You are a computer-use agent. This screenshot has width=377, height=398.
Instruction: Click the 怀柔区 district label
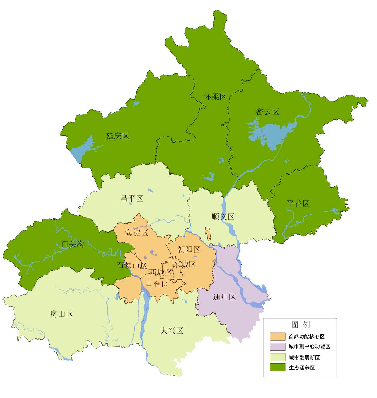coord(215,97)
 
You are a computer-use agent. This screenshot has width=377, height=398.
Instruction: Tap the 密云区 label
coord(267,112)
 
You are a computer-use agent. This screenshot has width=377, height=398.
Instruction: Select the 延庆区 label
coord(117,136)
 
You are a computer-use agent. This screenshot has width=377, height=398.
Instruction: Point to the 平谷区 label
coord(298,203)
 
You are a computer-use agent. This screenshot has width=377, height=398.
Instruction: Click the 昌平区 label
coord(131,199)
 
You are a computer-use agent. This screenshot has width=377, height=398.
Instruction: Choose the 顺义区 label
coord(223,217)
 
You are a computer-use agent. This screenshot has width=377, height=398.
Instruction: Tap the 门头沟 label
coord(72,244)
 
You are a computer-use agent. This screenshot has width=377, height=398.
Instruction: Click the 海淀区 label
coord(136,233)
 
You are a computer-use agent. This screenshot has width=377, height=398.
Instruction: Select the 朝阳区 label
coord(189,249)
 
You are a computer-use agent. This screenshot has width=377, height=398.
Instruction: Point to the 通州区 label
coord(224,297)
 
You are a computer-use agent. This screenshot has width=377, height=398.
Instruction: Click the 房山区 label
coord(62,314)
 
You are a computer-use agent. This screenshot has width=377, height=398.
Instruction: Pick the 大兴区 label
coord(172,331)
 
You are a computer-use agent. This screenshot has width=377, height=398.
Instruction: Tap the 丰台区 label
coord(157,284)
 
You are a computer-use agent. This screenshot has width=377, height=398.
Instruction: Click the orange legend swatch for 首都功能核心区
coord(277,336)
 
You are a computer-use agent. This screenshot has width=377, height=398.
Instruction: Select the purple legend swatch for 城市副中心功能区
coord(277,346)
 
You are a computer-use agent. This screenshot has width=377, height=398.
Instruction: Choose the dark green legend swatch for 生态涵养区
coord(277,367)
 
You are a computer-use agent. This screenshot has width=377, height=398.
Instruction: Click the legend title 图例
coord(301,325)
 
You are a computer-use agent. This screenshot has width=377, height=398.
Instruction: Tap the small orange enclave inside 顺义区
coord(208,233)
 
